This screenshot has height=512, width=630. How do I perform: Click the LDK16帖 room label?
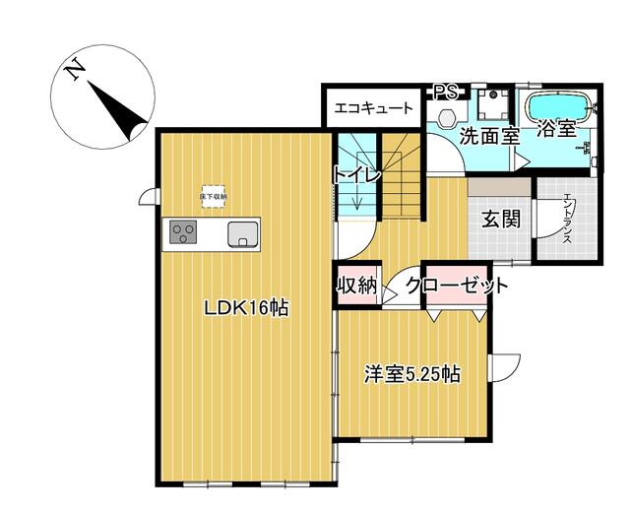tap(245, 308)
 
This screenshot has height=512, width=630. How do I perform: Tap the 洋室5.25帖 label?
tap(412, 374)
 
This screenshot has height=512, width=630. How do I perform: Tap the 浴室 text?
tap(558, 128)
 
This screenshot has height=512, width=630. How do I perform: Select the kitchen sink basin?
tap(242, 233)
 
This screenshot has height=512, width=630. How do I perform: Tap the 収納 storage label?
tap(356, 286)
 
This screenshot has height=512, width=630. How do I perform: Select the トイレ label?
tap(355, 175)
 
